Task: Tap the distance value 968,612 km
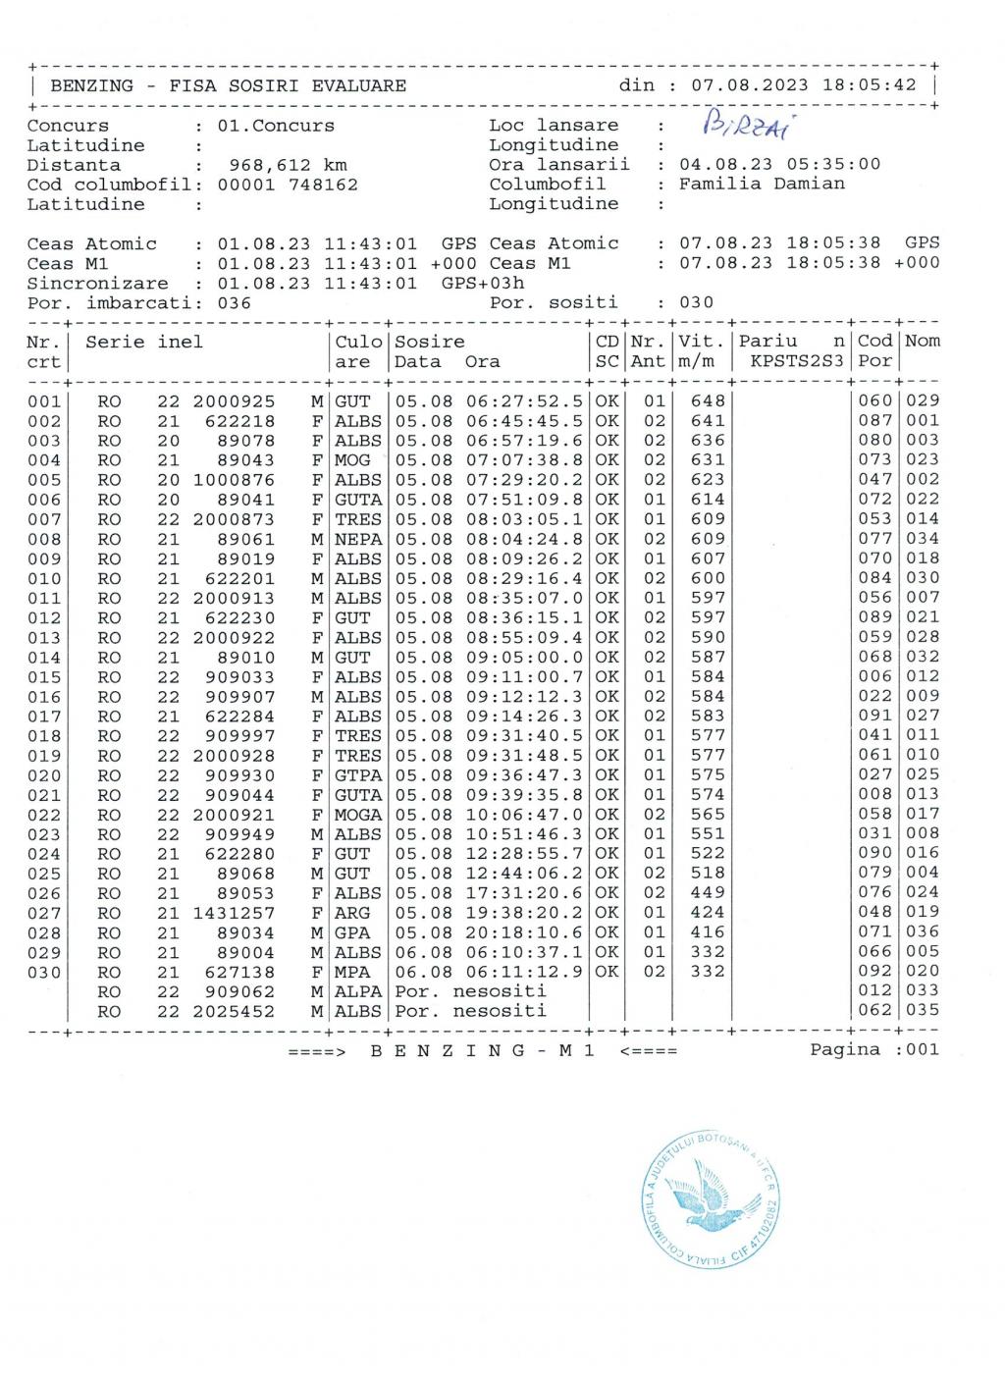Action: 288,165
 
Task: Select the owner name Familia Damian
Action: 762,184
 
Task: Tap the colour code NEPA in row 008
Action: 357,538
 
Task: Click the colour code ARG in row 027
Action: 352,912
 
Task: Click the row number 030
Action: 44,972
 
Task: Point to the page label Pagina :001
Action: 873,1049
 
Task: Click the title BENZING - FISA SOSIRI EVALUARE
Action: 228,85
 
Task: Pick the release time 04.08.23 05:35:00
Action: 779,164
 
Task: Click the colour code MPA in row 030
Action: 352,972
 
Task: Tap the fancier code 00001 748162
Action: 288,185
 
